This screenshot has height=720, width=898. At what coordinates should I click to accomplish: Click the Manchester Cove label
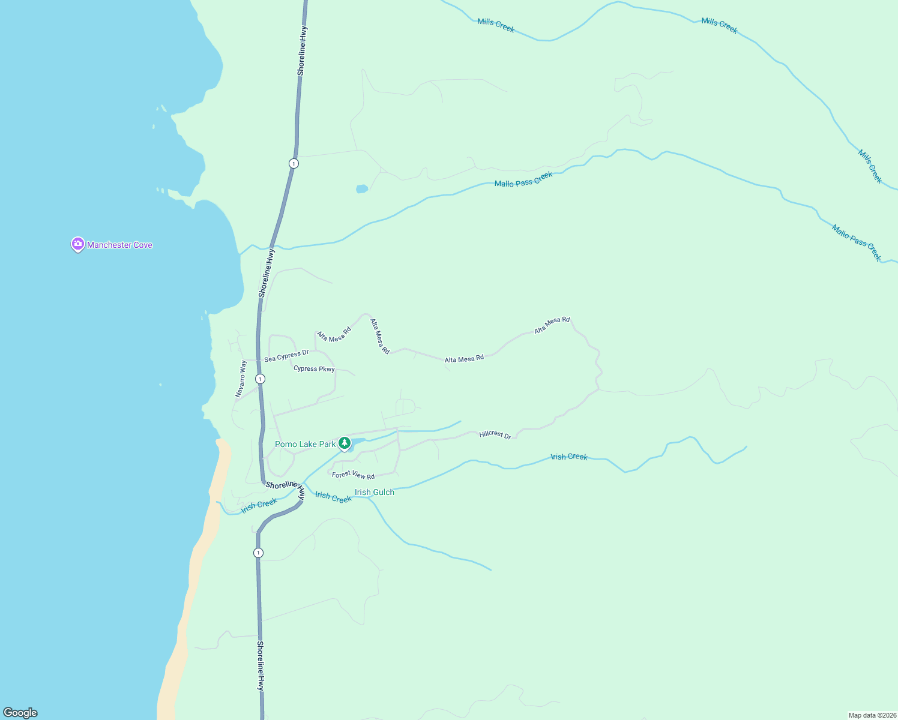point(119,245)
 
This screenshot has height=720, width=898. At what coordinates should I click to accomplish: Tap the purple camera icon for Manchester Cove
point(77,244)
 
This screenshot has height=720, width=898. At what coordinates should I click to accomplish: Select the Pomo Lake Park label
point(305,444)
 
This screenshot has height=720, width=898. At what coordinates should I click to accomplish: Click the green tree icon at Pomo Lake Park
point(345,443)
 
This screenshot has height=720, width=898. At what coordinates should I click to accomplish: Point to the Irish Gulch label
point(375,492)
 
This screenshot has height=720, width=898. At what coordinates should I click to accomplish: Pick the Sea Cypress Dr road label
point(286,356)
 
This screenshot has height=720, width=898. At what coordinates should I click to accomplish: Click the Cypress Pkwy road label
point(314,368)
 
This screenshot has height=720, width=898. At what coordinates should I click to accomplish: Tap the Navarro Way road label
point(241,379)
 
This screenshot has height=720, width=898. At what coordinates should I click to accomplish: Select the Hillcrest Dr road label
point(495,434)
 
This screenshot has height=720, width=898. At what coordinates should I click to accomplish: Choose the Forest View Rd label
point(354,475)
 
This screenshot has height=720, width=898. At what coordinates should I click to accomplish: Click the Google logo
point(20,713)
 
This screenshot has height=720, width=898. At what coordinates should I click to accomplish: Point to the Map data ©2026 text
point(872,715)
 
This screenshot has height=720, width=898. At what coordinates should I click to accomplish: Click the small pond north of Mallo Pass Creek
point(362,189)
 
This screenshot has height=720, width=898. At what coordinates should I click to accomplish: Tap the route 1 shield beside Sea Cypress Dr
point(260,379)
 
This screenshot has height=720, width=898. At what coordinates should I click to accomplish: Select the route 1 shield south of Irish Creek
point(258,553)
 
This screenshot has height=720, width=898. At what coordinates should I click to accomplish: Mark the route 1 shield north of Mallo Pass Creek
point(294,163)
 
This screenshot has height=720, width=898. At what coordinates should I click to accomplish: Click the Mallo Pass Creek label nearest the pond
point(523,179)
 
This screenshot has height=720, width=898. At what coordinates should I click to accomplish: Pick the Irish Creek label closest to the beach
point(259,506)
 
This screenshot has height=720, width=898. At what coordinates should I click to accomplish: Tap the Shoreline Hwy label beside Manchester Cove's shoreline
point(266,273)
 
